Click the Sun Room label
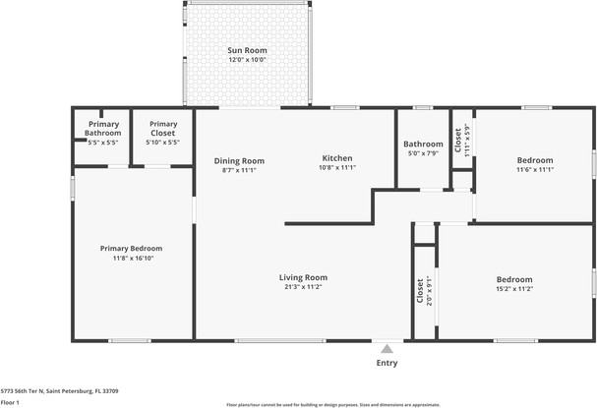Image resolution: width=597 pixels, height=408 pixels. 247,49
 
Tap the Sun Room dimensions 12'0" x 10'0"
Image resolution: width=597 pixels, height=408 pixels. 247,59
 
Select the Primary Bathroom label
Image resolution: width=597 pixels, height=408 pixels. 102,129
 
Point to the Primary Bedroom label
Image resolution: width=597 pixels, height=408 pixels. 131,249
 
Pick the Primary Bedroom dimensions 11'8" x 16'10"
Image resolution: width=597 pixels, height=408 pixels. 131,259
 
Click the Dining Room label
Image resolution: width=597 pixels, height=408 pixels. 239,160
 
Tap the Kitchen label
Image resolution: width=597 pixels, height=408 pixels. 337,158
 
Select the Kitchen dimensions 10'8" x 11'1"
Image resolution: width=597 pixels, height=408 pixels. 337,168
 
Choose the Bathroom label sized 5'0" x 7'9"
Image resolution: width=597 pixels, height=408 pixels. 423,144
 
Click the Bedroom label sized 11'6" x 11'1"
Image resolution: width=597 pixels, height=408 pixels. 535,160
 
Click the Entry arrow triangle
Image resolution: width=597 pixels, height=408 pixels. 388,348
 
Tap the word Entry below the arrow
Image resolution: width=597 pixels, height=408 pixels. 388,363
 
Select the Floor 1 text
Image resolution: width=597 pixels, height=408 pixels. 11,402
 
